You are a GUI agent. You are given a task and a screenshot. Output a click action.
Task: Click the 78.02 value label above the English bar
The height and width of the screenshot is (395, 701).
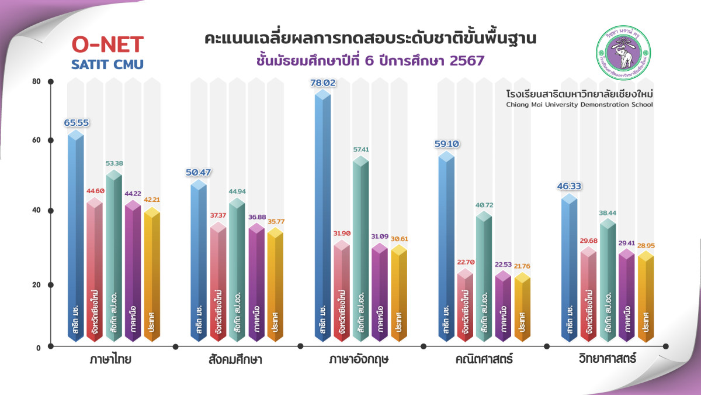click(322, 83)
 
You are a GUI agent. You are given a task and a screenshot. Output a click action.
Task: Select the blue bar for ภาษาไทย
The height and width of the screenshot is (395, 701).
click(75, 234)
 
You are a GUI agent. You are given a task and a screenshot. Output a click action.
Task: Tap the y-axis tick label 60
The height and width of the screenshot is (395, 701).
click(36, 140)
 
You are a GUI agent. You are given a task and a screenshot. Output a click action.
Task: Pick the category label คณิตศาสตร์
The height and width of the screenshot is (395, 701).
click(484, 359)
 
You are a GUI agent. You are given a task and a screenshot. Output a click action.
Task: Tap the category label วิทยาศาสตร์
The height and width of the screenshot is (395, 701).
click(608, 359)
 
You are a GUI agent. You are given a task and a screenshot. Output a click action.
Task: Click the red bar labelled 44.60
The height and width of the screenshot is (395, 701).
click(95, 269)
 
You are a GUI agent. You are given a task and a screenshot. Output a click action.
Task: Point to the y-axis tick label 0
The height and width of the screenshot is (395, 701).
click(38, 348)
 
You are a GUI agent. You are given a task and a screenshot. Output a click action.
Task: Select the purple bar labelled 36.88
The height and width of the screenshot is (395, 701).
click(256, 281)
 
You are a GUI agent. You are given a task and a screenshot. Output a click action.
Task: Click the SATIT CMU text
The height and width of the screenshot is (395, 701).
click(107, 64)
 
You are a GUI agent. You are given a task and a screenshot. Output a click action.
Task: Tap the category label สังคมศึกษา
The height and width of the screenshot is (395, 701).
click(234, 359)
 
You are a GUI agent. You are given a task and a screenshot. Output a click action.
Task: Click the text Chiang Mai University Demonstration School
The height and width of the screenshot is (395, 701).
click(579, 105)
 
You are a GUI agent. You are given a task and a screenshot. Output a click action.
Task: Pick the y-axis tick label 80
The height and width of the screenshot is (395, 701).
click(36, 81)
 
